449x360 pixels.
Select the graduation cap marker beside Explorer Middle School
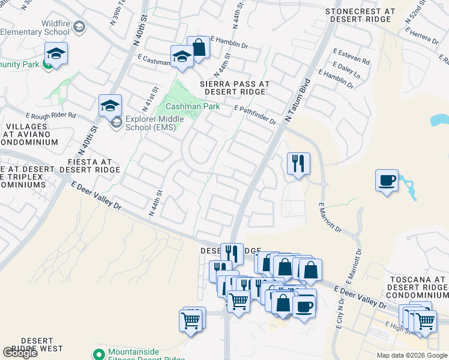pyautogui.click(x=110, y=106)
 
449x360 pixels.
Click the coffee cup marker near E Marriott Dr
pyautogui.click(x=387, y=180)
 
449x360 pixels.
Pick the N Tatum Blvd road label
pyautogui.click(x=298, y=100)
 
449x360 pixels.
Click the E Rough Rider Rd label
pyautogui.click(x=50, y=115)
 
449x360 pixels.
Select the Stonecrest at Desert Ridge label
pyautogui.click(x=360, y=16)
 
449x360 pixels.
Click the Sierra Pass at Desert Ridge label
pyautogui.click(x=235, y=88)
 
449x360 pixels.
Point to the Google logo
pyautogui.click(x=20, y=353)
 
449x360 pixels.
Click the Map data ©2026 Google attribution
pyautogui.click(x=411, y=355)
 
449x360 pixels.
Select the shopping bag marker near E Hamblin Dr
pyautogui.click(x=198, y=47)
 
